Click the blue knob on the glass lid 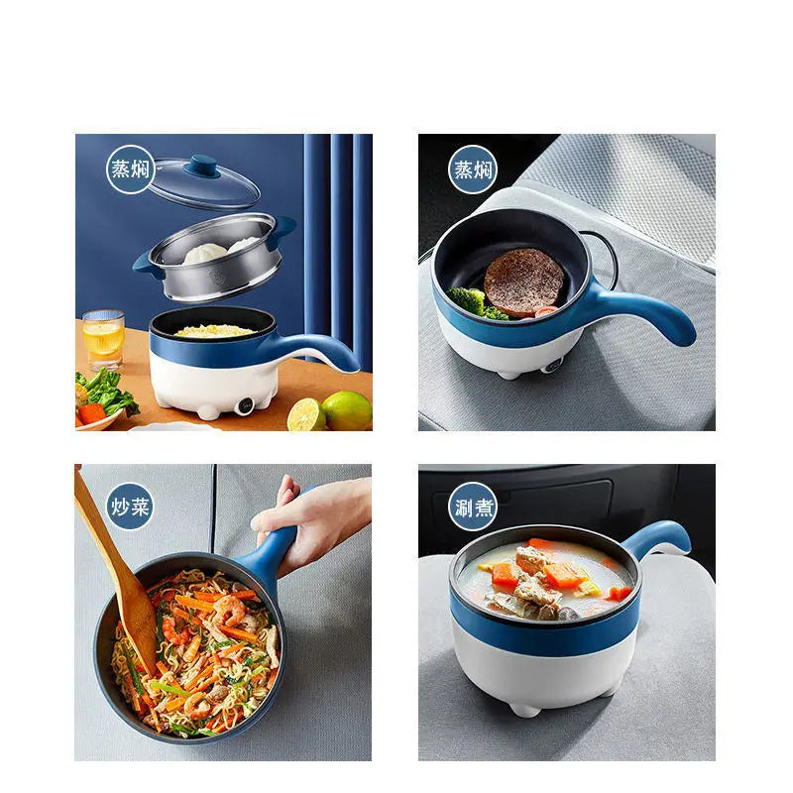pyautogui.click(x=203, y=165)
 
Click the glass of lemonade pyautogui.click(x=103, y=340)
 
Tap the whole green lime pyautogui.click(x=347, y=410)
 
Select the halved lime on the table pyautogui.click(x=305, y=414)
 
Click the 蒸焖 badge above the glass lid pyautogui.click(x=130, y=169)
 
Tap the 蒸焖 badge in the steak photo pyautogui.click(x=473, y=169)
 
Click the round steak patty pyautogui.click(x=523, y=282)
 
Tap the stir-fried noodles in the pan pyautogui.click(x=198, y=644)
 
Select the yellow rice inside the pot pyautogui.click(x=214, y=330)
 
